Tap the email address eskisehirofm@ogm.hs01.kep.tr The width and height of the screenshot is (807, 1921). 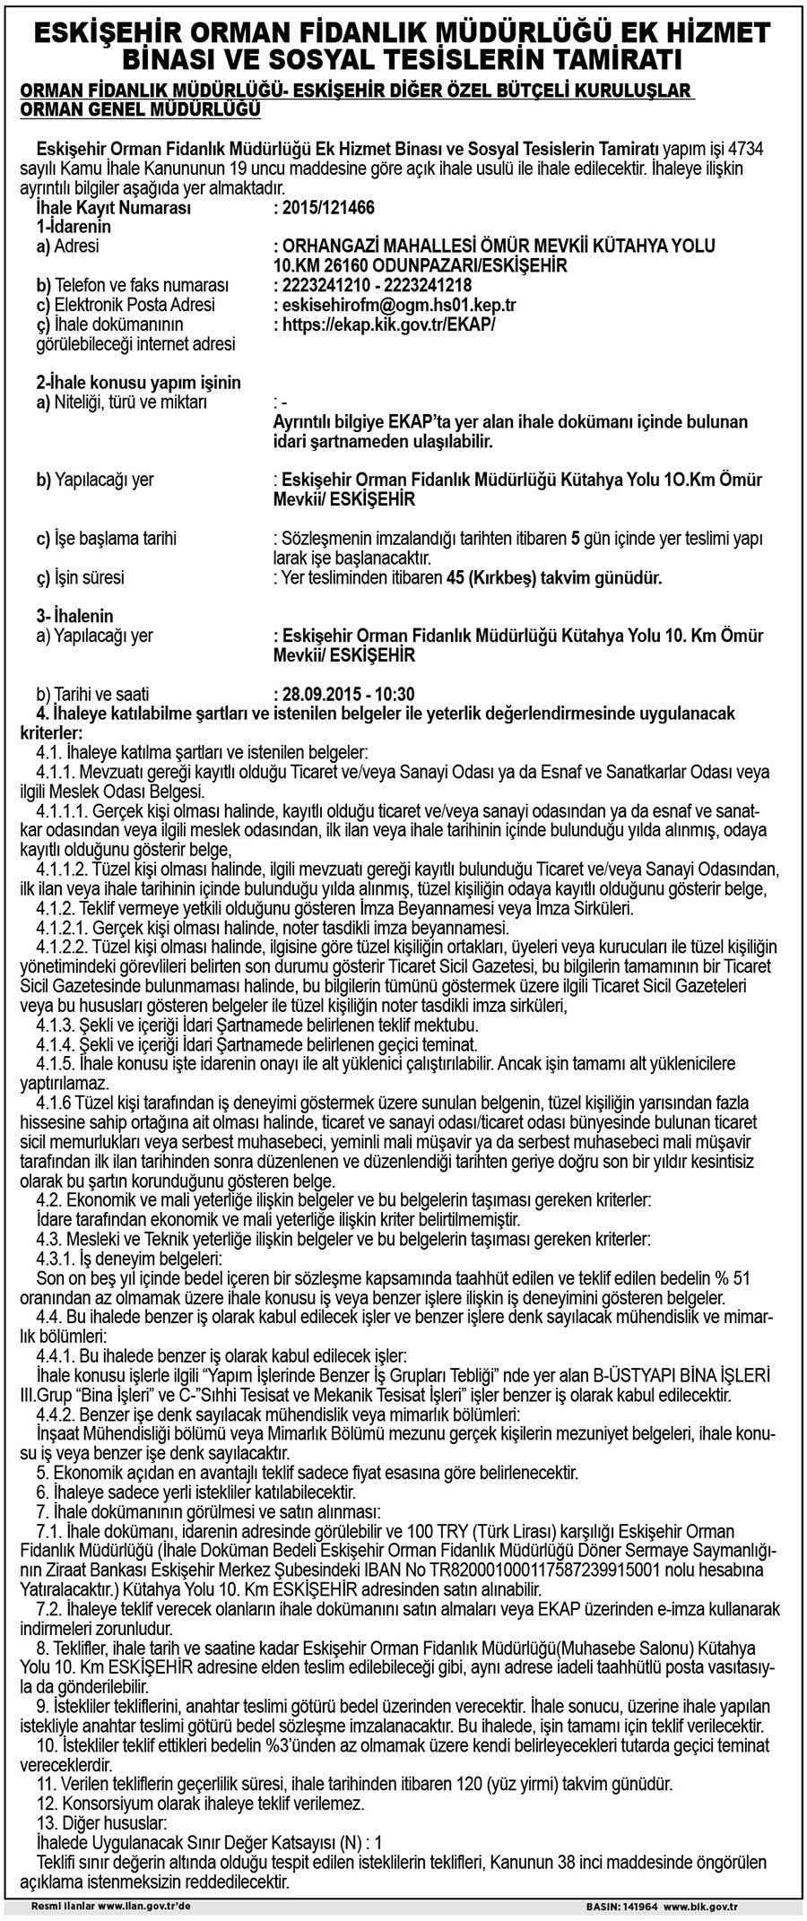coord(398,305)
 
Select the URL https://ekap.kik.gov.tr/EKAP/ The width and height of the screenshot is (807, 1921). coord(388,324)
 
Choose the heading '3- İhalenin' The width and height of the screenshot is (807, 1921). coord(75,616)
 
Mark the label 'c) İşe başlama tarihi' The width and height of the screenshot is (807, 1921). coord(106,539)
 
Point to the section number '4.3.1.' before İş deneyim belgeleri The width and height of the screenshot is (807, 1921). coord(56,1259)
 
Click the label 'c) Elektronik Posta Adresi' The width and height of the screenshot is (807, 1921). coord(125,305)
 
